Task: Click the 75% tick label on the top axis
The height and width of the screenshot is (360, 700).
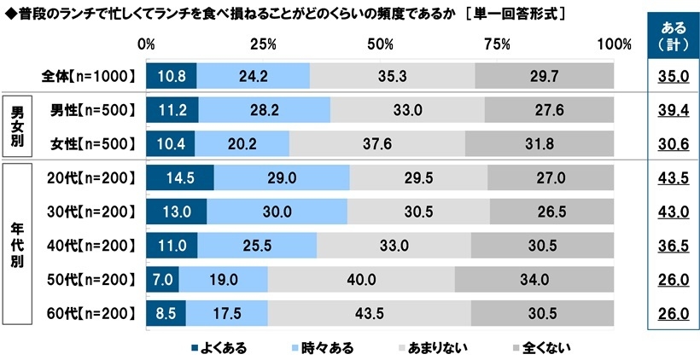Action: [496, 44]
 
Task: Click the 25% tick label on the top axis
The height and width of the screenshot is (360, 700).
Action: [264, 44]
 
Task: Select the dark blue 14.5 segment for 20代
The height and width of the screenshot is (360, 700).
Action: [179, 177]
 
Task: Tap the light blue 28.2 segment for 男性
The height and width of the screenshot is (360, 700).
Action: [264, 110]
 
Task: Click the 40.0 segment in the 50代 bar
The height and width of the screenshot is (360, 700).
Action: [361, 279]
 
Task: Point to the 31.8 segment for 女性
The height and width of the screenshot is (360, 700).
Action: [540, 143]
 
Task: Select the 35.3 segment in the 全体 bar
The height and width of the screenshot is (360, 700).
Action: [392, 76]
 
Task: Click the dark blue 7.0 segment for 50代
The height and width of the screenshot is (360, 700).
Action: [162, 279]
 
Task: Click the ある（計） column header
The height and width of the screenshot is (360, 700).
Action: [674, 35]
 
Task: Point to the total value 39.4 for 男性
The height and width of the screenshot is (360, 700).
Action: [674, 110]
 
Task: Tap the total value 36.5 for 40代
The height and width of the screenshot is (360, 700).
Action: [674, 246]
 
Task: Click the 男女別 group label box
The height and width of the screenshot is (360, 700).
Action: [17, 126]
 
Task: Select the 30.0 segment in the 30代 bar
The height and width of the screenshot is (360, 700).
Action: [277, 212]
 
